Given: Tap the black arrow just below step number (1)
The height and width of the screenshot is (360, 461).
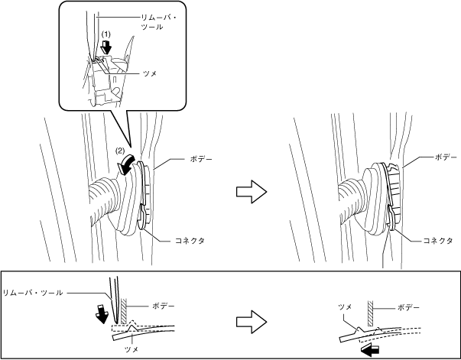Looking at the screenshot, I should (107, 47).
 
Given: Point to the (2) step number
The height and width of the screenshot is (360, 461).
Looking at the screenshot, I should (120, 151).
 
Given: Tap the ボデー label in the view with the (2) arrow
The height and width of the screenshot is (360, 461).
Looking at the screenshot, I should (200, 158).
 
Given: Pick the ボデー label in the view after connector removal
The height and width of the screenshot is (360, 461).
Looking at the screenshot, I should (446, 155).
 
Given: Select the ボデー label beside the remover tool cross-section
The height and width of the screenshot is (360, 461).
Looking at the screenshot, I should (163, 306).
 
